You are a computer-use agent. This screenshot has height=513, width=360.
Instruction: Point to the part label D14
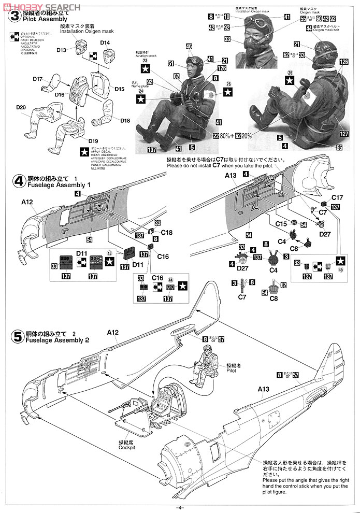[105, 42]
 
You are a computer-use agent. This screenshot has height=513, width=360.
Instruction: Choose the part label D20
[21, 107]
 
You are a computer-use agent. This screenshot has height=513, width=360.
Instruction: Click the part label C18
[166, 233]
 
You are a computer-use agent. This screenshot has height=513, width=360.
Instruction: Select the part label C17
[337, 197]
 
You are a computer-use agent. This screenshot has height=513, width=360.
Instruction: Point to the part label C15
[281, 223]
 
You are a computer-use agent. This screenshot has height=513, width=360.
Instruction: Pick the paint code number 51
[170, 64]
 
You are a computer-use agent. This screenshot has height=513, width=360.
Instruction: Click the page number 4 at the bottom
[180, 507]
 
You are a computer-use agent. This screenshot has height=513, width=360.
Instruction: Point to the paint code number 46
[189, 47]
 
